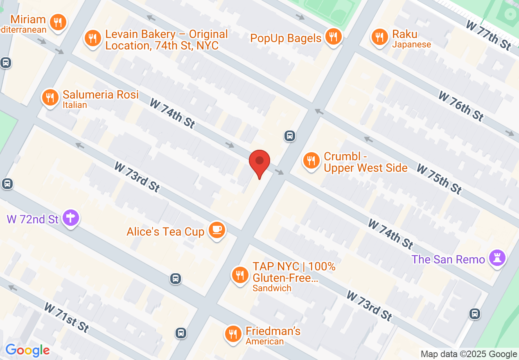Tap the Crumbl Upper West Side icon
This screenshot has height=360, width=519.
pyautogui.click(x=311, y=160)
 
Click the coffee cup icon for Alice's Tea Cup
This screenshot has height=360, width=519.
pyautogui.click(x=217, y=230)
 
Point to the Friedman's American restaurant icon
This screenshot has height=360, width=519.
pyautogui.click(x=233, y=334)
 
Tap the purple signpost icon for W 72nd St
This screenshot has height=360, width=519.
pyautogui.click(x=71, y=218)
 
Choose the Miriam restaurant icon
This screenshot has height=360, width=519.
pyautogui.click(x=58, y=22)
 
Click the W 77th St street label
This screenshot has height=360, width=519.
pyautogui.click(x=488, y=35)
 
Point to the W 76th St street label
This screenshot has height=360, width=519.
pyautogui.click(x=461, y=106)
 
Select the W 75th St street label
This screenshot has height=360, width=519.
pyautogui.click(x=439, y=178)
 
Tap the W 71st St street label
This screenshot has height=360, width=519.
pyautogui.click(x=66, y=317)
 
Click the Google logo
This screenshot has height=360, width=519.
pyautogui.click(x=27, y=350)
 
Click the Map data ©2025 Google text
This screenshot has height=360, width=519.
pyautogui.click(x=469, y=354)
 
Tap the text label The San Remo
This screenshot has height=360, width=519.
pyautogui.click(x=448, y=259)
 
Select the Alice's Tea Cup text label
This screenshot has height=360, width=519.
pyautogui.click(x=165, y=232)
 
